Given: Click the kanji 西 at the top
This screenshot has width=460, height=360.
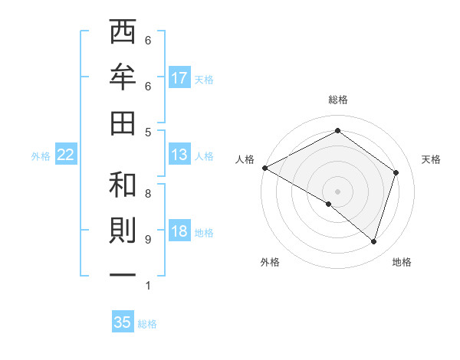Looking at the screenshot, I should click(x=123, y=33).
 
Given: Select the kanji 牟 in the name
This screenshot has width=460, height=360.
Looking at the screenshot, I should click(x=123, y=77).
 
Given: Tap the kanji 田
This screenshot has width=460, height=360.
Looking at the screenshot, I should click(x=123, y=122).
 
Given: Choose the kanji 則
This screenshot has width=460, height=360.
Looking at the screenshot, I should click(x=123, y=232).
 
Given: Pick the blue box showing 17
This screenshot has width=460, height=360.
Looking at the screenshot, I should click(x=179, y=78).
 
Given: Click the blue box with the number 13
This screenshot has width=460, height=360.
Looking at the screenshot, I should click(x=179, y=155).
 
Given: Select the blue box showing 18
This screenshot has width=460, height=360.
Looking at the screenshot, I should click(x=179, y=232).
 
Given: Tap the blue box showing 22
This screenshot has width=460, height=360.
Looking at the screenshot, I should click(x=66, y=155).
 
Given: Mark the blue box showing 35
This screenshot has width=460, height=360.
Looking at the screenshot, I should click(x=123, y=322).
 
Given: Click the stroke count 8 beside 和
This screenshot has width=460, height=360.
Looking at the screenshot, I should click(x=148, y=194).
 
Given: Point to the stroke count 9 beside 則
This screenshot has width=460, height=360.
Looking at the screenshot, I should click(x=148, y=240).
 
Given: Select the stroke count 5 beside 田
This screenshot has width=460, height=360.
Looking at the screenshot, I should click(x=148, y=132).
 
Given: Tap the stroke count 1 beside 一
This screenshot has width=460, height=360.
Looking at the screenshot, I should click(x=148, y=286).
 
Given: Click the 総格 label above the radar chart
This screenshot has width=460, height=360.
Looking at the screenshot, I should click(x=337, y=100).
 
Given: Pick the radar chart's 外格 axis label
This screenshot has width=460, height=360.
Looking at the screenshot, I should click(x=270, y=262).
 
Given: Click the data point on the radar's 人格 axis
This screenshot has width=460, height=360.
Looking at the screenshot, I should click(x=264, y=168).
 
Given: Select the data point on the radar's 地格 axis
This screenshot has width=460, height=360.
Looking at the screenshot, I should click(x=373, y=241).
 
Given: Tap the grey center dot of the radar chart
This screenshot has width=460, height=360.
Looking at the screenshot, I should click(x=337, y=191).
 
